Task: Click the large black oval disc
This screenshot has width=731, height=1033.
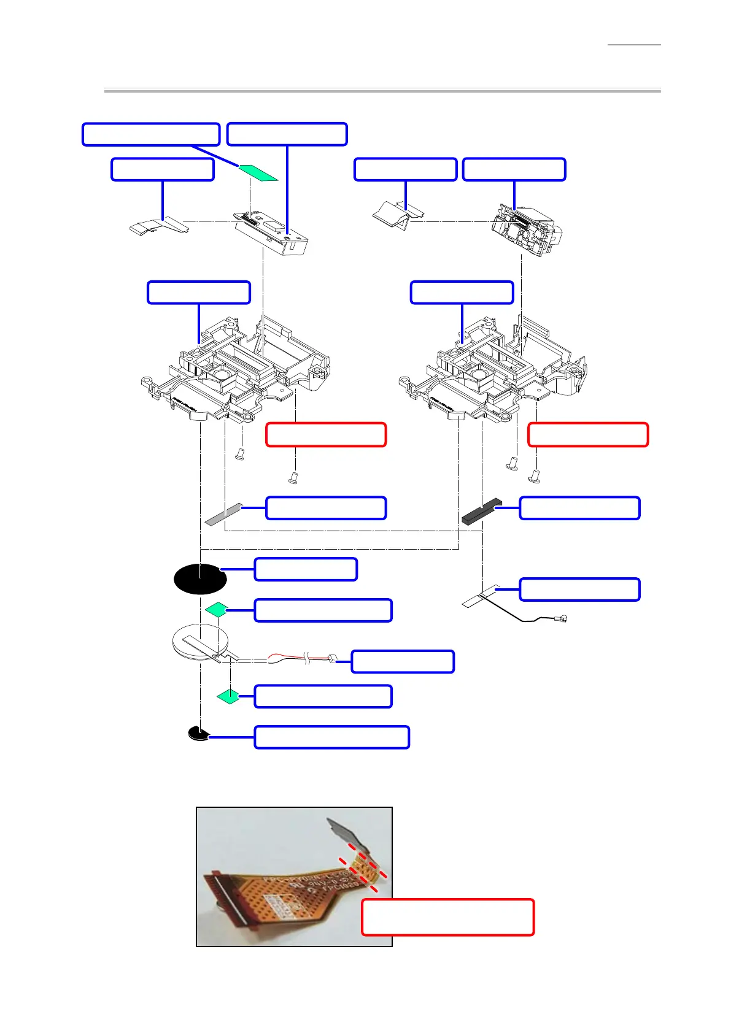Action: click(200, 578)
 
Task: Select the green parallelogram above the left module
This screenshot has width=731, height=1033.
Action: click(258, 173)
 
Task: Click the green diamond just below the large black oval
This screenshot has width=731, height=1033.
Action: click(217, 610)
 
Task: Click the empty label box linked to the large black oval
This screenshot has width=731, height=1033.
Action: click(306, 569)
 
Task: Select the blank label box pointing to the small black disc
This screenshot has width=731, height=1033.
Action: click(331, 737)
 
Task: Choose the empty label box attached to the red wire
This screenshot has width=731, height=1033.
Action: click(403, 662)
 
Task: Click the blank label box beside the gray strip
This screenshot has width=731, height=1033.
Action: click(326, 508)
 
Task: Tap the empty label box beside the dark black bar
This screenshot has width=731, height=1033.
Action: click(579, 508)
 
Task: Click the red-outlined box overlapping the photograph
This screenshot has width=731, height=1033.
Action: click(447, 917)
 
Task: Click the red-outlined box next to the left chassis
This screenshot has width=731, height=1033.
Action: click(326, 434)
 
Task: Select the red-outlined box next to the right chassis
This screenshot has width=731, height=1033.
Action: click(587, 434)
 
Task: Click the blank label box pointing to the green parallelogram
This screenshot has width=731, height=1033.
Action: click(151, 134)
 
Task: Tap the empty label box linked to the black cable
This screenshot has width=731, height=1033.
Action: click(579, 589)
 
